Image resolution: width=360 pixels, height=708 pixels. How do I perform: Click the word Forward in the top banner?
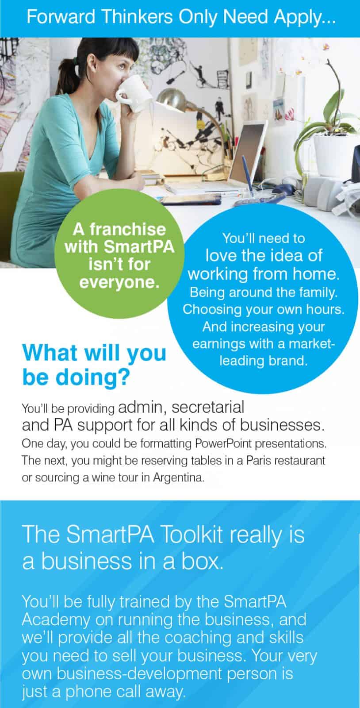point(61,17)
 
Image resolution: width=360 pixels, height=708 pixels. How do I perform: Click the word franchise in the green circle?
point(128,229)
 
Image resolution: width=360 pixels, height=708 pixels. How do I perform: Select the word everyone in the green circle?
point(119,282)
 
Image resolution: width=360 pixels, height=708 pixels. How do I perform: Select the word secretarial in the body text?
point(208,407)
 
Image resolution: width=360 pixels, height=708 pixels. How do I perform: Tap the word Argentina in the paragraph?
point(179,477)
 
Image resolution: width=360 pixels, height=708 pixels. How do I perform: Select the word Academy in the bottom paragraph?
point(56,620)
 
